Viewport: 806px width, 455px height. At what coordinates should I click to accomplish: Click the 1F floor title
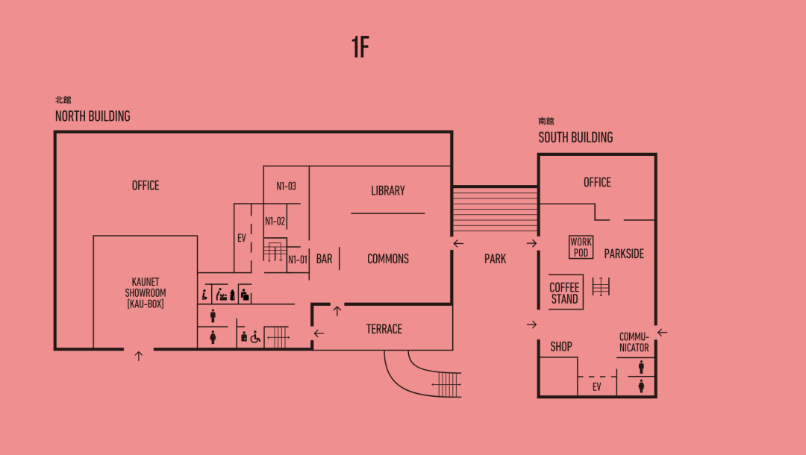pos(360,47)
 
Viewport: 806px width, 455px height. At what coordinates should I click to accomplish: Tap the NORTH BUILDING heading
pos(93,116)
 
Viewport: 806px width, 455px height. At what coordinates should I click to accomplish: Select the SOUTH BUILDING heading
pos(575,137)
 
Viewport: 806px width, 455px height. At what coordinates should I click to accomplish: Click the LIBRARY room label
pos(388,191)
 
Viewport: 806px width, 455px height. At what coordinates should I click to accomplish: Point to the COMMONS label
pos(388,259)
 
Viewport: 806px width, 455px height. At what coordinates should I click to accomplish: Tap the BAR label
pos(324,259)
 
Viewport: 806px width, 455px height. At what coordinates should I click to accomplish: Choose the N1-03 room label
pos(287,186)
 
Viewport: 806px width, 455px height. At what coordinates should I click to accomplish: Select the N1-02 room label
pos(275,221)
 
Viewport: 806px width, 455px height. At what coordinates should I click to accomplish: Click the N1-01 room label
pos(298,260)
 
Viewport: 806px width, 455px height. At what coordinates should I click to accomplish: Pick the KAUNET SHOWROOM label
pos(146,293)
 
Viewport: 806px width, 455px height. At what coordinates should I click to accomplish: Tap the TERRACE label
pos(384,329)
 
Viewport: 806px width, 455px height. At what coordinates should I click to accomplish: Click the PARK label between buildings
pos(495,259)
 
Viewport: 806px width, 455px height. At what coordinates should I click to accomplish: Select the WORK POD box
pos(581,247)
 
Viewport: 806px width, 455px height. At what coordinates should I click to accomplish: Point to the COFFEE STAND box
pos(565,293)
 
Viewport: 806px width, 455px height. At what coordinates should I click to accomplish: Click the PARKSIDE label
pos(624,254)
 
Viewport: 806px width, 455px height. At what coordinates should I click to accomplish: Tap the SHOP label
pos(561,347)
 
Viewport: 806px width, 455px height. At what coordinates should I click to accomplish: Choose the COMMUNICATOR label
pos(634,342)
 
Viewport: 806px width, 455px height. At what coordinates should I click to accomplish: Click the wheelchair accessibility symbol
pos(255,337)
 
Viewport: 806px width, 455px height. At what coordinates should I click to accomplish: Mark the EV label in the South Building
pos(597,387)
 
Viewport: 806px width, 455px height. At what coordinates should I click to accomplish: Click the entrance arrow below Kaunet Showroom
pos(138,357)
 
